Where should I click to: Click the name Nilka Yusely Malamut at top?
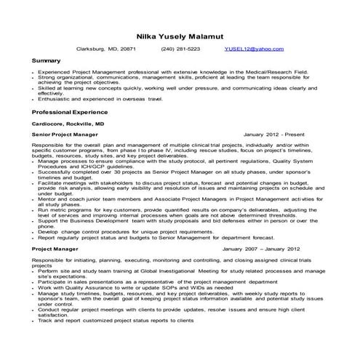click(180, 33)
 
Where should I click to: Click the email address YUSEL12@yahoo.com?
click(255, 49)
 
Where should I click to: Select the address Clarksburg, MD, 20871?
click(107, 49)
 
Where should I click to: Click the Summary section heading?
click(47, 61)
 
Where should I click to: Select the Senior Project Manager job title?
click(65, 135)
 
